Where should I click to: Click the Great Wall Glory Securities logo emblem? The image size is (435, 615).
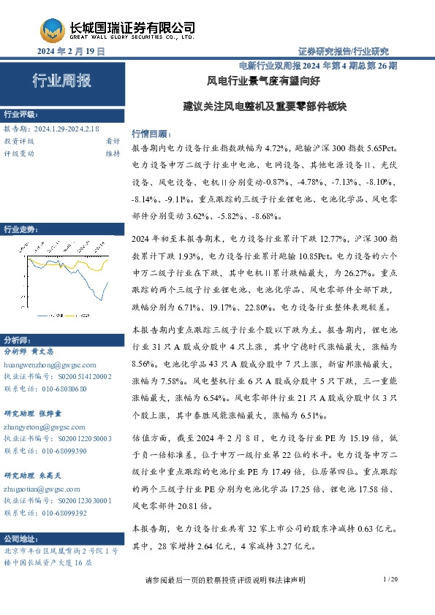[x=52, y=31]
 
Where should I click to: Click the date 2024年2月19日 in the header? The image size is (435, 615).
[x=71, y=51]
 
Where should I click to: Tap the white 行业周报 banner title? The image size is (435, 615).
[x=61, y=81]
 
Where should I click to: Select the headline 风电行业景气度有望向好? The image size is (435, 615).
[x=265, y=80]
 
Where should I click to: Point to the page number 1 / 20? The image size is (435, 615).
[x=389, y=579]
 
